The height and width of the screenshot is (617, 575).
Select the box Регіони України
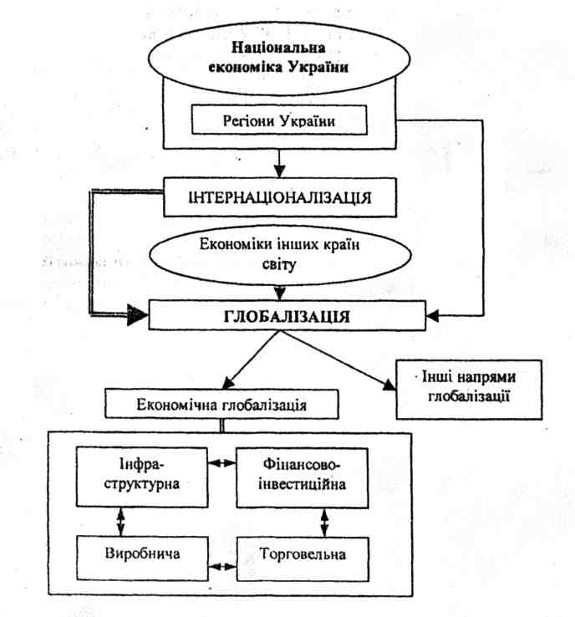tap(280, 121)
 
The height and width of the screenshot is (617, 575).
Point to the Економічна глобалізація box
tap(221, 405)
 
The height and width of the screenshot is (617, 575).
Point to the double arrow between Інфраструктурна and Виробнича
tap(123, 520)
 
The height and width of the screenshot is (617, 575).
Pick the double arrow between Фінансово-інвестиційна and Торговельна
tap(324, 520)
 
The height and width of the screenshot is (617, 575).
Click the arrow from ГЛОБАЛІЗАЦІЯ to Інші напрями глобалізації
tap(344, 359)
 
